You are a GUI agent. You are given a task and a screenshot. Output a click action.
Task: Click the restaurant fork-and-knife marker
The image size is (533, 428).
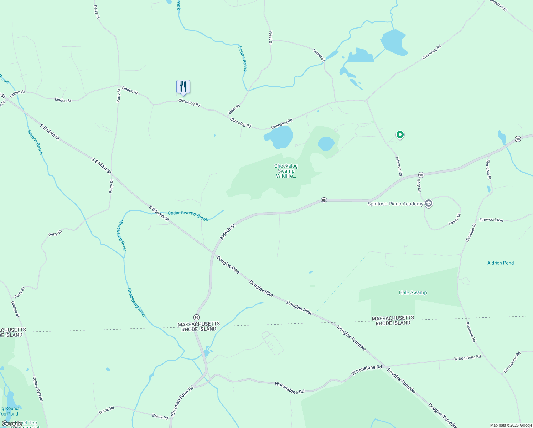tap(183, 87)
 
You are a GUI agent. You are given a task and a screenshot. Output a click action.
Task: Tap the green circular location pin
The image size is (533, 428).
tap(400, 135)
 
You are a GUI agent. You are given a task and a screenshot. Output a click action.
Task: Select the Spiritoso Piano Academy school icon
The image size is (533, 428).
tap(429, 204)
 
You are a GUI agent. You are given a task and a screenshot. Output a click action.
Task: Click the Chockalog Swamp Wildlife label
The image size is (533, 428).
tap(286, 171)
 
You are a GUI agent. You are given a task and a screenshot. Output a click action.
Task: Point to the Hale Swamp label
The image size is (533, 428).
tap(413, 292)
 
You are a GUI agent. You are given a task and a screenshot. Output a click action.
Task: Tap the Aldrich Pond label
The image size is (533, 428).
tap(501, 263)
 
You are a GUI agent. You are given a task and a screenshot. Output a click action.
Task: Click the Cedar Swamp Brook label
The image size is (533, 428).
tap(188, 216)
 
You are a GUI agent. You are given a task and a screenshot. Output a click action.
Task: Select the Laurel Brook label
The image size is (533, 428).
tap(242, 58)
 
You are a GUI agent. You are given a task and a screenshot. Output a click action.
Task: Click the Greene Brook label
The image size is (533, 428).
tap(35, 142)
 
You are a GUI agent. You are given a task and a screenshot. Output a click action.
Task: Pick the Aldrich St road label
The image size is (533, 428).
tap(228, 232)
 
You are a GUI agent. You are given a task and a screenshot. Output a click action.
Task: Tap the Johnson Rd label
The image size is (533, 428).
tap(399, 166)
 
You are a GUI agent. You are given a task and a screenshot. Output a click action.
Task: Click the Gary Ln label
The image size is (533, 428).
tap(419, 185)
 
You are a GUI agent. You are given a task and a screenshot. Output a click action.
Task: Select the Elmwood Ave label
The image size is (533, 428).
tap(491, 220)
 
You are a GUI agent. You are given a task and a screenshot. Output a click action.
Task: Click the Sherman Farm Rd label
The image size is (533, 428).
tap(182, 401)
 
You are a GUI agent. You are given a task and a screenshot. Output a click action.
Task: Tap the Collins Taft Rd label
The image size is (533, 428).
tap(37, 389)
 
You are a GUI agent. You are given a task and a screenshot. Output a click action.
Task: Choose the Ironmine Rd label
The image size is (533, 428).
tap(471, 332)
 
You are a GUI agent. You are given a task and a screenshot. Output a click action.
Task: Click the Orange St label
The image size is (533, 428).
tap(15, 309)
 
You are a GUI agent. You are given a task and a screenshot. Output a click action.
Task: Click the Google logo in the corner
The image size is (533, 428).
tap(12, 424)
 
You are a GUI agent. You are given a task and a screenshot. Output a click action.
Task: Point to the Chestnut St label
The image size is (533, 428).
tap(498, 5)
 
